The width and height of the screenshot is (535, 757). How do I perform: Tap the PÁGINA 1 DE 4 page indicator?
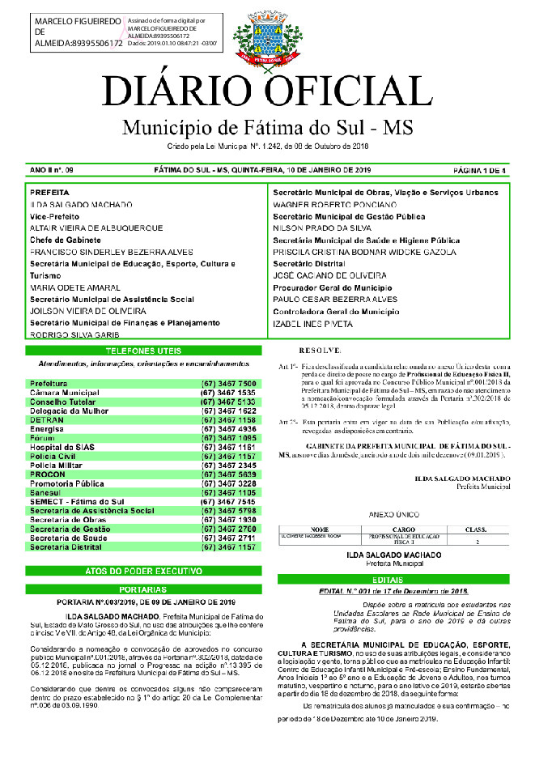tap(481, 170)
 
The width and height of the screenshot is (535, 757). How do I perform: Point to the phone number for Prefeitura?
tap(228, 383)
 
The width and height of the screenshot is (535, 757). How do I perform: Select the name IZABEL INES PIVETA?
tap(312, 323)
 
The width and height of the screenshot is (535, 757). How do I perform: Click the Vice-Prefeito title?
tap(54, 217)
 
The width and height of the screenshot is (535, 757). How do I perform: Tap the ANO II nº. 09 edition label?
tap(51, 170)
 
